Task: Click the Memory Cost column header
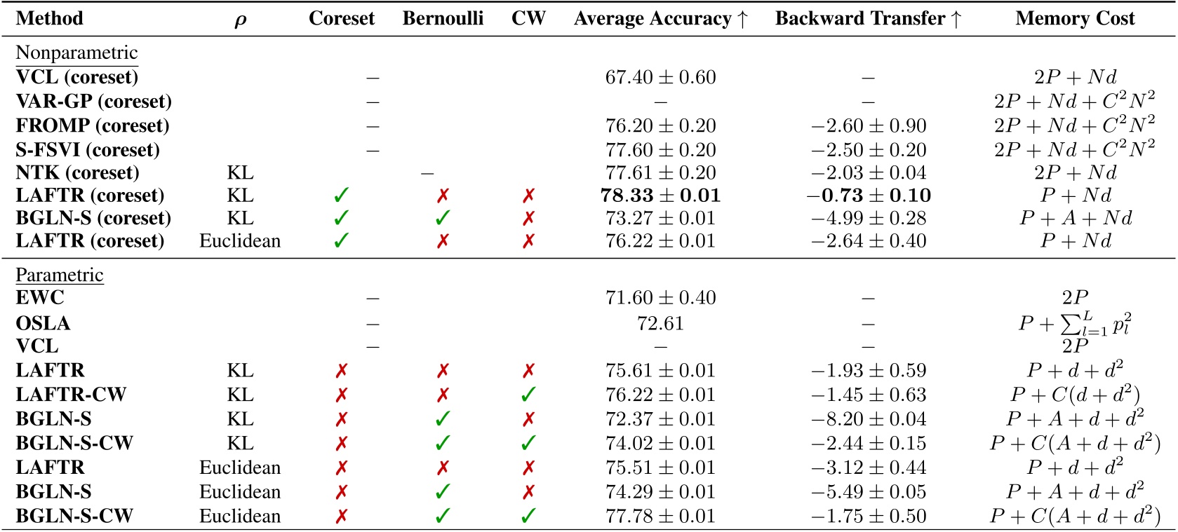1075,19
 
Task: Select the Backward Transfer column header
868,19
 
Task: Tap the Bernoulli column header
443,19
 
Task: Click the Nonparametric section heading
76,53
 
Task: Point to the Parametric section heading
60,275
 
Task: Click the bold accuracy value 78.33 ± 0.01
660,196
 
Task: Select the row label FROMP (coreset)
93,126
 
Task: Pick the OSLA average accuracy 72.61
660,323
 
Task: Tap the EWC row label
40,298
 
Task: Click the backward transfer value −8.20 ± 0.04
869,419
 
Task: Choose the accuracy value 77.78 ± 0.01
660,517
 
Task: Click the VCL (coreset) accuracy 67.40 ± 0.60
660,77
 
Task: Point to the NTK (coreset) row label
77,173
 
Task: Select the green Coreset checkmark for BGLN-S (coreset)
341,218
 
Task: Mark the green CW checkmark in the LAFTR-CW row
528,395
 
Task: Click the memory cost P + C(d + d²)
1075,395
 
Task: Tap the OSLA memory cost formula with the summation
1075,323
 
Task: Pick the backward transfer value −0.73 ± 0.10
869,196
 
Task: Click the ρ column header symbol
240,20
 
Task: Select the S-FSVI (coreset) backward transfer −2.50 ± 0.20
869,150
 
